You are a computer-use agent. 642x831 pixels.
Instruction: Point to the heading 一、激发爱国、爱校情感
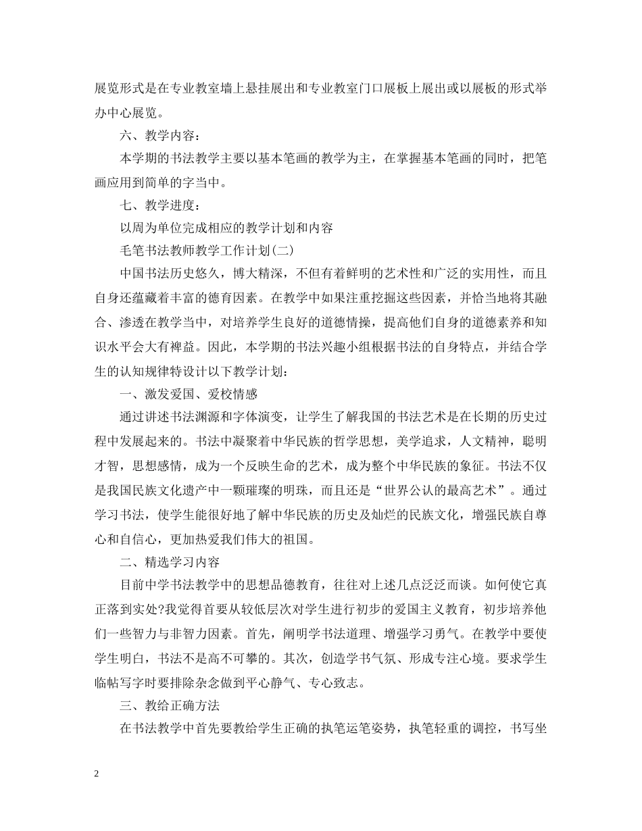(188, 395)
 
